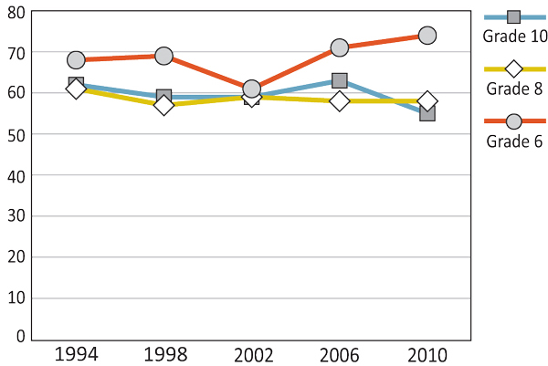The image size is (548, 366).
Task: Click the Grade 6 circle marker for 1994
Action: point(76,60)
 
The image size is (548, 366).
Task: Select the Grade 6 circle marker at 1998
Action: point(163,57)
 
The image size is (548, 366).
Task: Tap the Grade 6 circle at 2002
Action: point(251,89)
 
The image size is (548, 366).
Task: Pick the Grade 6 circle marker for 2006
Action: point(339,47)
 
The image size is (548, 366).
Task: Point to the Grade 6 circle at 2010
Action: point(427,36)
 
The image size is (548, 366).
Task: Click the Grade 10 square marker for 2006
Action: point(339,81)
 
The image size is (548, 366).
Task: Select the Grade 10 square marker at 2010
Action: point(427,113)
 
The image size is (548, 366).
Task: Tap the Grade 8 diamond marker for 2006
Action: point(339,100)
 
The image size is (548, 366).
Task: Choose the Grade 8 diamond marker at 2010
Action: point(427,100)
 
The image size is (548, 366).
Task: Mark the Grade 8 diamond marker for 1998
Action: point(163,105)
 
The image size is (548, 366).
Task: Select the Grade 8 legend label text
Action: point(513,89)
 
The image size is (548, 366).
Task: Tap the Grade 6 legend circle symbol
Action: point(513,121)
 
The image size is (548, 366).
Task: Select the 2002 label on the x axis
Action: point(251,353)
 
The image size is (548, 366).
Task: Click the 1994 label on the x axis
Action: point(76,353)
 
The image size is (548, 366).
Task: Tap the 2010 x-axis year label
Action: point(427,353)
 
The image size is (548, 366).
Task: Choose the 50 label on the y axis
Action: point(15,134)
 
